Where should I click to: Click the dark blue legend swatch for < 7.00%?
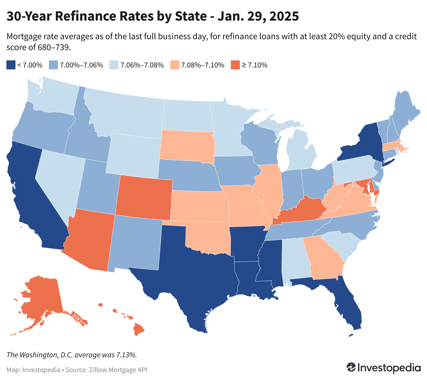tap(11, 65)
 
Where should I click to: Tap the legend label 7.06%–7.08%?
tap(142, 65)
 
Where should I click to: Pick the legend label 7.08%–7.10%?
tap(203, 65)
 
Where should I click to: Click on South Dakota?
tap(186, 145)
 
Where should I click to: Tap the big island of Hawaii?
tap(139, 330)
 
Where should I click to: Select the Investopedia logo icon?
tap(351, 367)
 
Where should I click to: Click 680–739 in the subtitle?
tap(54, 47)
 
